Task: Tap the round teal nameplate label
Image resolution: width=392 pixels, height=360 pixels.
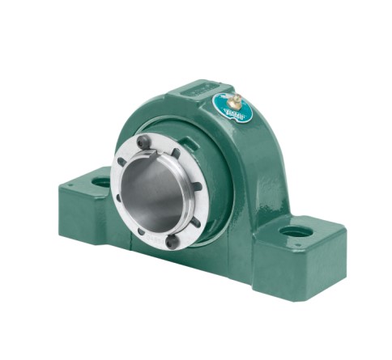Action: click(232, 107)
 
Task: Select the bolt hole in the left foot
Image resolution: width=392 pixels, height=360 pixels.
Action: click(101, 181)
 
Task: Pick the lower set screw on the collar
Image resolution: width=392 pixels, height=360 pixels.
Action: click(173, 240)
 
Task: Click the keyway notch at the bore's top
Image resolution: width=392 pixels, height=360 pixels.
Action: click(175, 154)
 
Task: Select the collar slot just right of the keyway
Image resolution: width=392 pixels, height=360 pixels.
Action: click(194, 166)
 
